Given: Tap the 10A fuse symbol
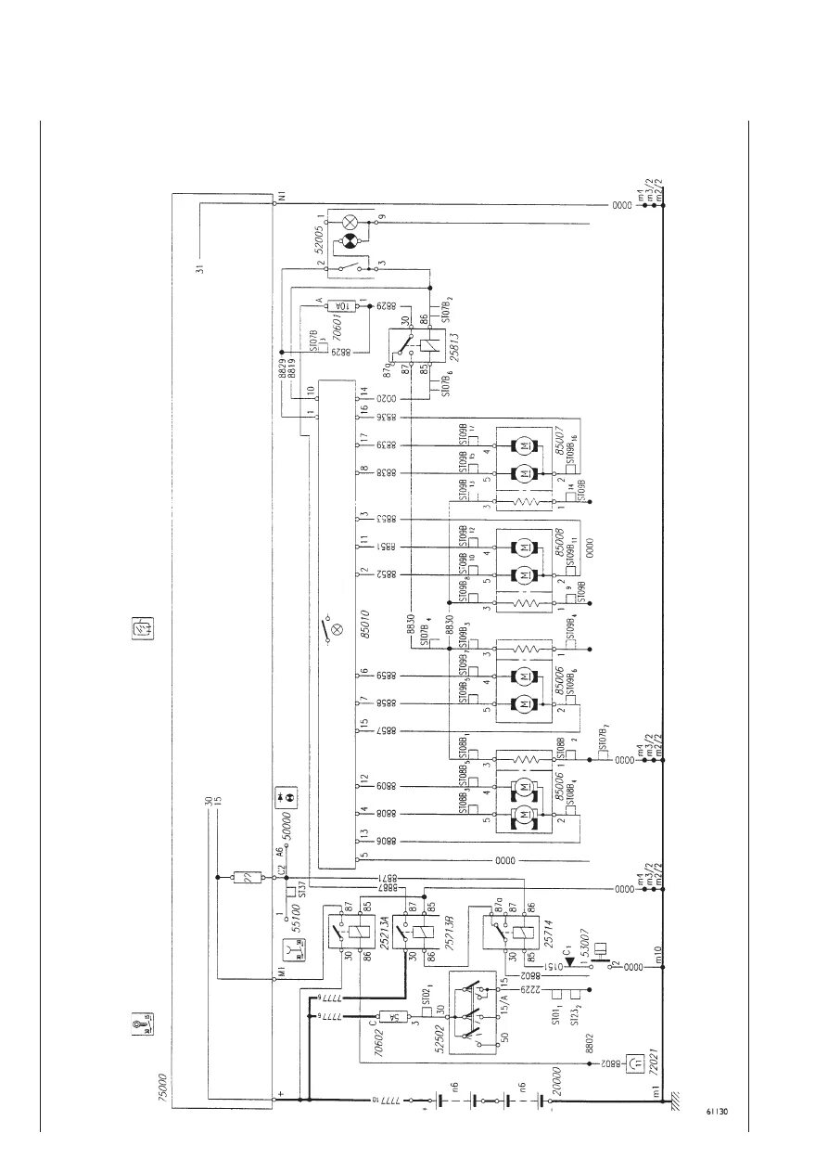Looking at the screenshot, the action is point(341,304).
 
